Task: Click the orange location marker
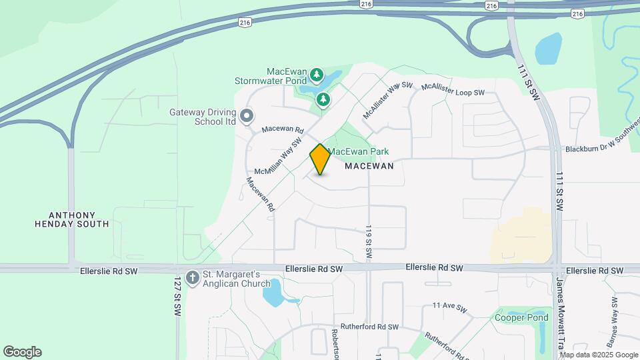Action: coord(320,159)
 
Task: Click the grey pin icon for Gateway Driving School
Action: coord(247,117)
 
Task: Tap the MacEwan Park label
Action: coord(358,152)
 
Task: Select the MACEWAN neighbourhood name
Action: coord(369,166)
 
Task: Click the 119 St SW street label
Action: coord(368,241)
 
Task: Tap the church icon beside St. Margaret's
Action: coord(193,277)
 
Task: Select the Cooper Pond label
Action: coord(521,317)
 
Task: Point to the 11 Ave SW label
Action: coord(447,305)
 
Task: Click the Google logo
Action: coord(22,352)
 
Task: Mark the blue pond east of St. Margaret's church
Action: coord(273,293)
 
